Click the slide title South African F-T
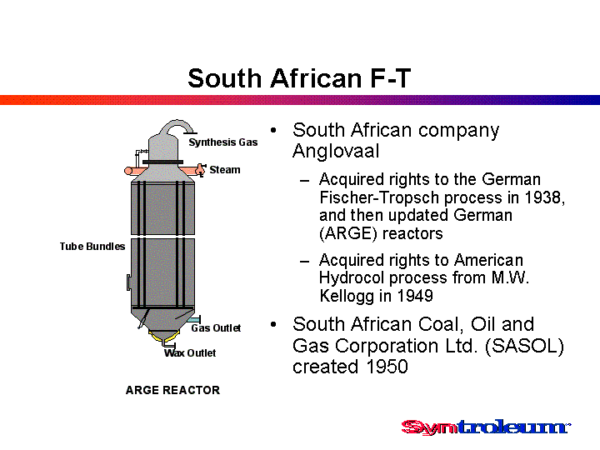coord(299,78)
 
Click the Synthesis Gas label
coord(223,142)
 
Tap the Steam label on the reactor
coord(225,169)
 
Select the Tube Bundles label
coord(92,247)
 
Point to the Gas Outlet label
coord(216,328)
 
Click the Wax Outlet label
coord(190,352)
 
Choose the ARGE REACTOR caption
coord(173,390)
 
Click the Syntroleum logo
coord(486,427)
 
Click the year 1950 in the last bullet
coord(387,366)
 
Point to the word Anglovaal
coord(336,151)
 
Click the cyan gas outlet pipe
coord(195,320)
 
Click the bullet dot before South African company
coord(273,131)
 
